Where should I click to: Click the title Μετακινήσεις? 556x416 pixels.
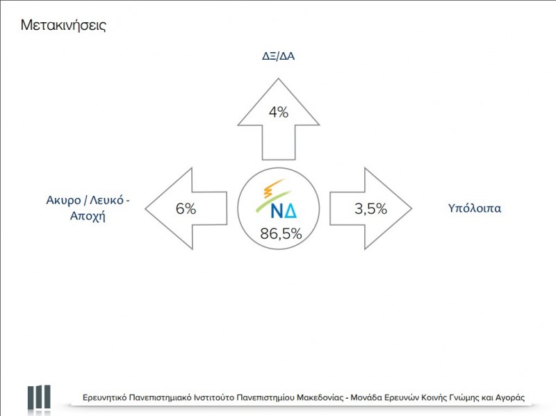tap(63, 26)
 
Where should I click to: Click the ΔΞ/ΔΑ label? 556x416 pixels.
tap(279, 56)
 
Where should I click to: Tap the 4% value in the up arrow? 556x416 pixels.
tap(279, 113)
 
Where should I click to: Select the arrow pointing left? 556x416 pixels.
tap(186, 208)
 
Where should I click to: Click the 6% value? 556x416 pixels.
tap(186, 209)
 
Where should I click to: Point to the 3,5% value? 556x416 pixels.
tap(370, 209)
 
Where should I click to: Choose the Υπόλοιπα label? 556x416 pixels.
tap(475, 208)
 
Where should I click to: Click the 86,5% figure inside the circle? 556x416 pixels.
tap(281, 234)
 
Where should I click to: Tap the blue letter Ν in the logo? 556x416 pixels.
tap(277, 211)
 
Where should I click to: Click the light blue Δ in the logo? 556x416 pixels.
tap(291, 211)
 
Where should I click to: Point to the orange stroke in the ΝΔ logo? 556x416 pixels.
tap(272, 188)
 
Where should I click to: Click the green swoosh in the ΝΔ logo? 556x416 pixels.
tap(273, 201)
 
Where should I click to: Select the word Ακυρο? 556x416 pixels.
tap(63, 201)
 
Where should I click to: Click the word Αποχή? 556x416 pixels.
tap(88, 216)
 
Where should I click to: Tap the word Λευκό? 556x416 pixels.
tap(106, 200)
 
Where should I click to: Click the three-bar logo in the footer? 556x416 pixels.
tap(39, 398)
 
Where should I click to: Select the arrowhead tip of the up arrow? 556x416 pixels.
tap(279, 78)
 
